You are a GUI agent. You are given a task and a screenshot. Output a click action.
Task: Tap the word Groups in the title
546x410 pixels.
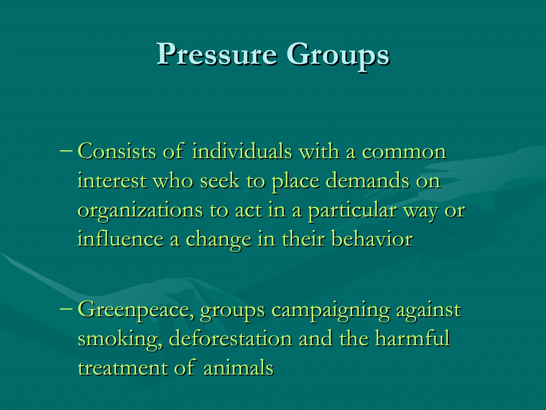click(x=338, y=55)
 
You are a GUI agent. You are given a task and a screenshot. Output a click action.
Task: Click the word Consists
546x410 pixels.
click(x=117, y=152)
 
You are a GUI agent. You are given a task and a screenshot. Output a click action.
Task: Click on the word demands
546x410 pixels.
click(x=368, y=181)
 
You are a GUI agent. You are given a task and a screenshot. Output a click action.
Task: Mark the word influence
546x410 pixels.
click(x=121, y=239)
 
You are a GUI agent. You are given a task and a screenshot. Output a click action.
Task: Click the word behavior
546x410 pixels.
click(x=372, y=239)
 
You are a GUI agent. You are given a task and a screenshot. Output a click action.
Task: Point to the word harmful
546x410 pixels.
click(x=413, y=338)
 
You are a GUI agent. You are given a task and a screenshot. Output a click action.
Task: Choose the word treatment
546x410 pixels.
click(x=123, y=368)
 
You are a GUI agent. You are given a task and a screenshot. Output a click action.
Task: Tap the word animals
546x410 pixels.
click(x=239, y=368)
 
